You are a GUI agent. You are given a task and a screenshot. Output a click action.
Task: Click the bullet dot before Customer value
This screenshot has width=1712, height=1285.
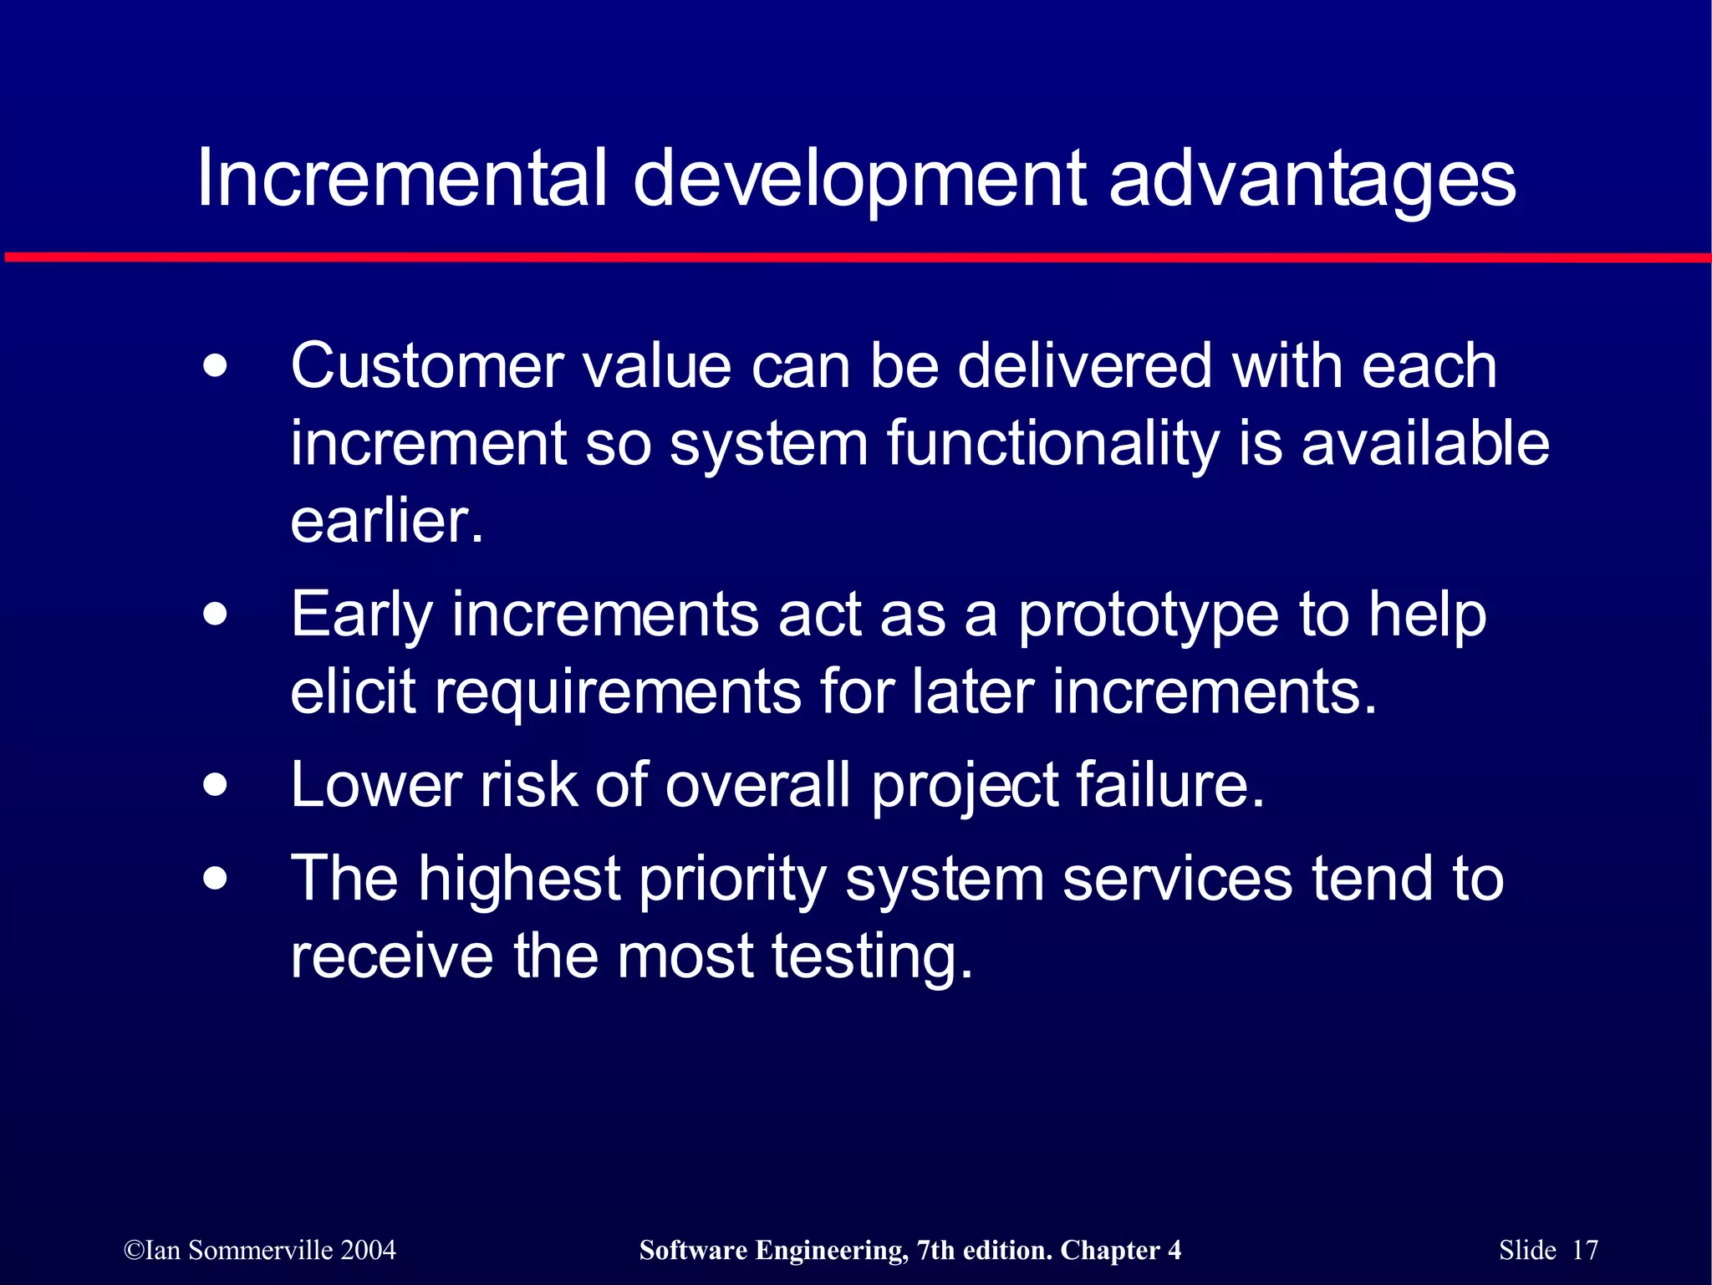point(216,367)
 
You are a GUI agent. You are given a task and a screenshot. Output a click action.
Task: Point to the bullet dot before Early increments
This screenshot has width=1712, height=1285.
point(216,615)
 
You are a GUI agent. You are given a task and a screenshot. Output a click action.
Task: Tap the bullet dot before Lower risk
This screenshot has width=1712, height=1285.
point(216,786)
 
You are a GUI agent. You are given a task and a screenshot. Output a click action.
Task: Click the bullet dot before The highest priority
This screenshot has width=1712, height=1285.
point(216,880)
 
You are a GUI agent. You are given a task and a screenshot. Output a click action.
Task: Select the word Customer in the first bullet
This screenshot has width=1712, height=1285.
point(427,367)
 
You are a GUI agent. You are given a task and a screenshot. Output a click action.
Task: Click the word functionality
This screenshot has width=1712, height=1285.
point(1053,444)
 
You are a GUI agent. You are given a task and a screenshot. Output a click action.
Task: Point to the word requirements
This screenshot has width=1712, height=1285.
point(617,692)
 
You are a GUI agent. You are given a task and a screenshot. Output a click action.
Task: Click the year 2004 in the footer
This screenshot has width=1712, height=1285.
point(369,1250)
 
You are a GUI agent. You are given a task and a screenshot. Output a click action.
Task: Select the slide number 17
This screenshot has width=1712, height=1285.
point(1585,1250)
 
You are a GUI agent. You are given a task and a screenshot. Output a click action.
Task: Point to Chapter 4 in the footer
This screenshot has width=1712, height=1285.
point(1120,1250)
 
